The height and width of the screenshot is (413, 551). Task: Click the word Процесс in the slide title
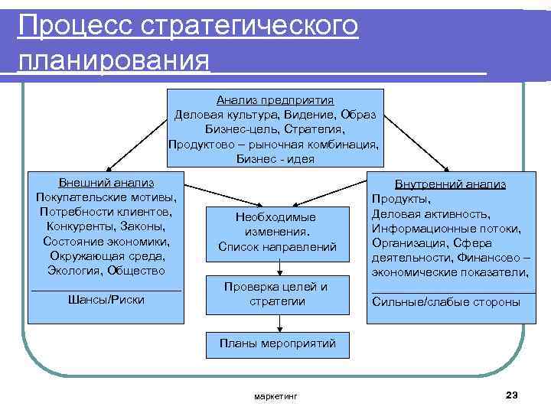73,26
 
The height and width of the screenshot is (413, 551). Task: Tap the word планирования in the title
114,60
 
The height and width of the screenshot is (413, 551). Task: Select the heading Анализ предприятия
275,100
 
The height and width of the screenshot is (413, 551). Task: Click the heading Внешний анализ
106,183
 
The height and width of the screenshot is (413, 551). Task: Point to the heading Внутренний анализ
450,184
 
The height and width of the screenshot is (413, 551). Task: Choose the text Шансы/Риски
106,299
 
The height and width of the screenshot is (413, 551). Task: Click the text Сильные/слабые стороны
445,301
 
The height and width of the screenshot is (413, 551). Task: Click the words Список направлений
277,246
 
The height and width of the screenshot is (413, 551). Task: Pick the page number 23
512,395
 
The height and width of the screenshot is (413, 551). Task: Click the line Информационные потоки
446,229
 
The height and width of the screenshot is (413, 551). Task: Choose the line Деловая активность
431,214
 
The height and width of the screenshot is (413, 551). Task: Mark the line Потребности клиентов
106,212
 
